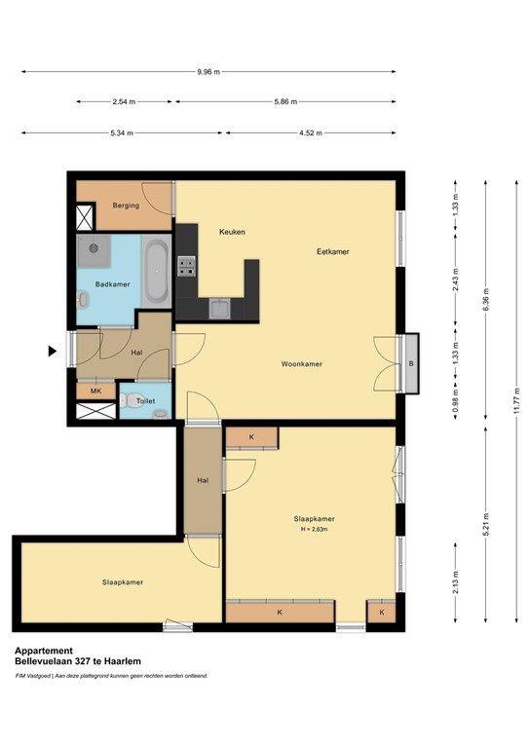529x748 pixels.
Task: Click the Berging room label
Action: pos(126,206)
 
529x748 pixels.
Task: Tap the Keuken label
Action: pos(232,232)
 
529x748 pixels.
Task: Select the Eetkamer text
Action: pos(332,251)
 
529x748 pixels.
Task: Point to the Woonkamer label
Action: pos(302,364)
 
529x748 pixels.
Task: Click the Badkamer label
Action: pos(112,284)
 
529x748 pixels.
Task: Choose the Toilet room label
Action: pos(145,400)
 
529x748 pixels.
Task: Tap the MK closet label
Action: pos(95,391)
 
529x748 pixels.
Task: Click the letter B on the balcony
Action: pos(411,364)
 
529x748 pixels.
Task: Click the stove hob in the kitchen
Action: pos(186,265)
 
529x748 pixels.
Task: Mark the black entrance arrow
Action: pos(53,351)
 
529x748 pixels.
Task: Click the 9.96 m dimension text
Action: pos(208,71)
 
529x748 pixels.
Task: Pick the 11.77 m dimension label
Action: pos(514,400)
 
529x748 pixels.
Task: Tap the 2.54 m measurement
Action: pos(124,101)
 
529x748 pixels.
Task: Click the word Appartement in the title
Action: pos(43,651)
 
